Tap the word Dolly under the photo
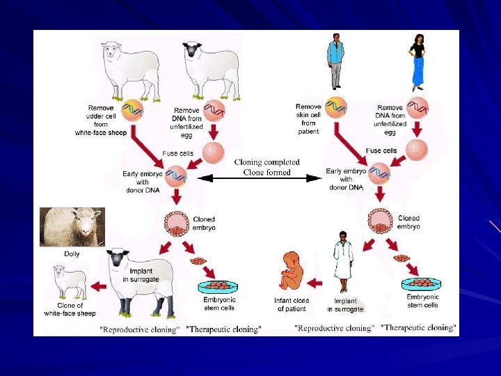coord(72,254)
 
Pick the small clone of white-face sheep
coord(71,281)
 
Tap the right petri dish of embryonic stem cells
coord(422,283)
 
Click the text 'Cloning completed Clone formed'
coord(267,166)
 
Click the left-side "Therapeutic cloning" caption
coord(224,329)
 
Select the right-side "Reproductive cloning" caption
coord(334,327)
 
